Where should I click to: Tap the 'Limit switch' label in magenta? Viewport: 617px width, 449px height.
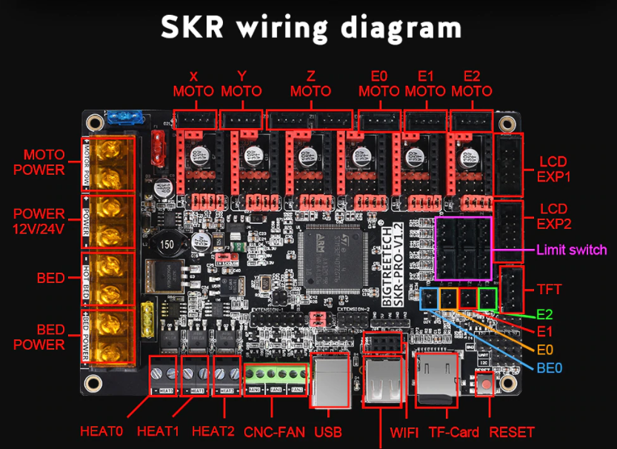coord(571,250)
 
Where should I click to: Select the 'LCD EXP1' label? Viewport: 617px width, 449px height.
coord(556,168)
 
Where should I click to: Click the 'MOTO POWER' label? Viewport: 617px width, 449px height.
coord(44,162)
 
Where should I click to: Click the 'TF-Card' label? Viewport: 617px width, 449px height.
coord(454,431)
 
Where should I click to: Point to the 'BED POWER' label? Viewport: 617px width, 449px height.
coord(40,337)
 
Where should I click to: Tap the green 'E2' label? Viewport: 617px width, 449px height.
coord(544,314)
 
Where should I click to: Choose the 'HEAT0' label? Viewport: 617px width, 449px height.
coord(101,431)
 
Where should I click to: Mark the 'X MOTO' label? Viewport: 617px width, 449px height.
coord(193,84)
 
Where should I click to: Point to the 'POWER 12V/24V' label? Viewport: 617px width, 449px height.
coord(39,222)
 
